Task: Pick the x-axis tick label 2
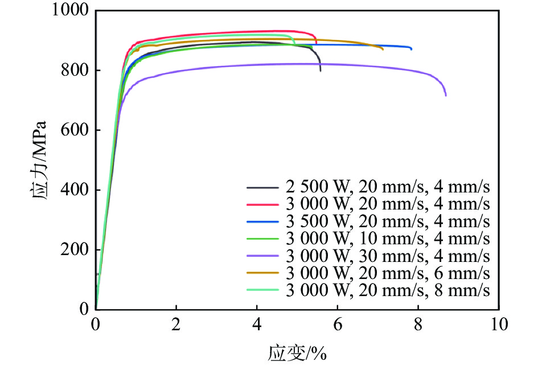pos(176,325)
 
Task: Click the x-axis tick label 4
pos(257,325)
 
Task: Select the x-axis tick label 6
pos(338,325)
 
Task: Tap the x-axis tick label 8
pos(418,325)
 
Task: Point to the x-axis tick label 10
pos(499,325)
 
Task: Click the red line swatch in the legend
pos(262,204)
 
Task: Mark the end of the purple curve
pos(446,95)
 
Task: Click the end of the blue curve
pos(411,49)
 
